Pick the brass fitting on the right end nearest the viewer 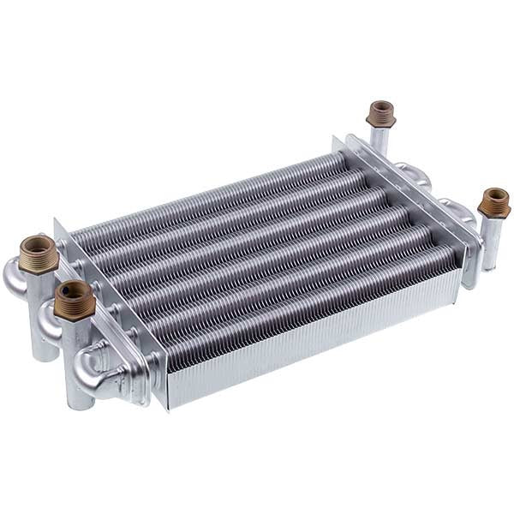tap(494, 204)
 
